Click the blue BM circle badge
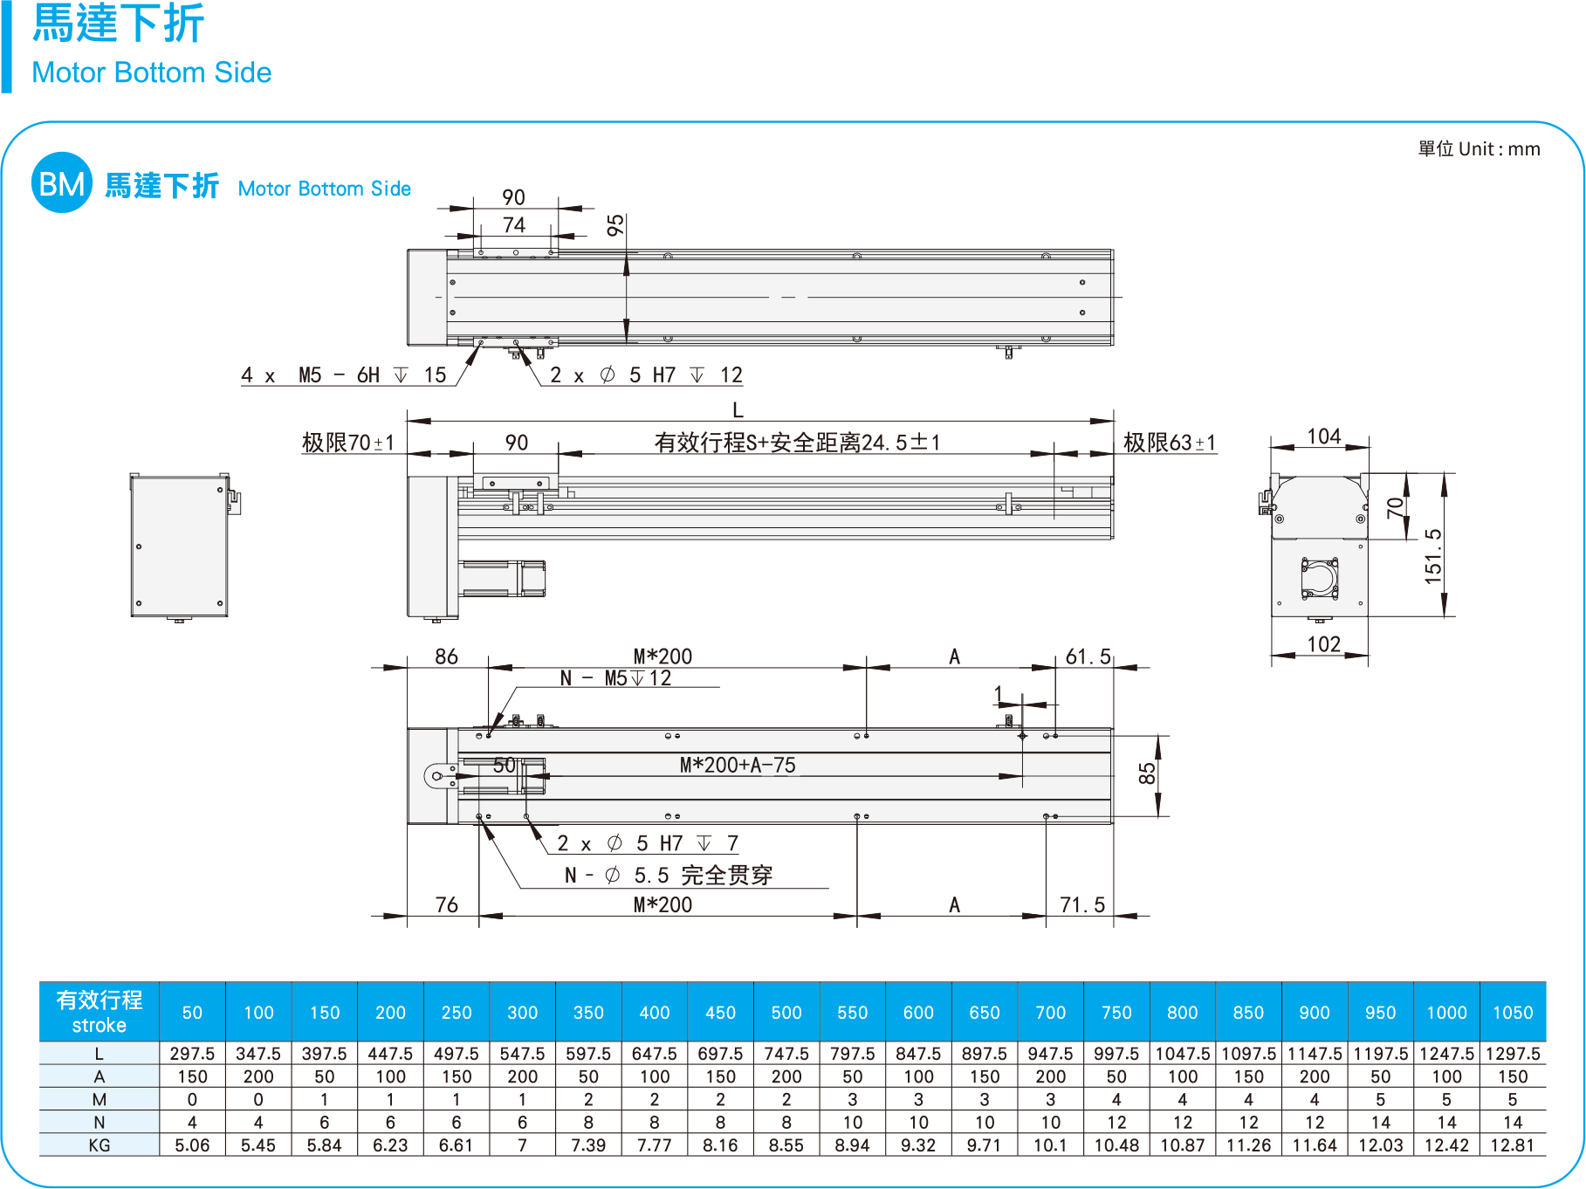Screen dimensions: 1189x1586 (61, 183)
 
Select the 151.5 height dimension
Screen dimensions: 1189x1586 (1432, 555)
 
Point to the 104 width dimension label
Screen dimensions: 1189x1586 (1323, 436)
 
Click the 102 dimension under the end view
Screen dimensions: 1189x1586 (1323, 644)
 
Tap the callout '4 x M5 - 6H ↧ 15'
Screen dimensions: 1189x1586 (343, 375)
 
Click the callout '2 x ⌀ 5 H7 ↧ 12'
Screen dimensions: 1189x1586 (646, 375)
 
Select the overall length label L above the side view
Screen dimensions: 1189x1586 (738, 410)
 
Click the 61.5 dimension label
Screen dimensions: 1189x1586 (1088, 656)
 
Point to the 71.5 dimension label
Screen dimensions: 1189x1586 (1082, 905)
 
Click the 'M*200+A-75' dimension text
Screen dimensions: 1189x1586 (738, 766)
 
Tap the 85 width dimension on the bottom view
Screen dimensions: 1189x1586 (1146, 773)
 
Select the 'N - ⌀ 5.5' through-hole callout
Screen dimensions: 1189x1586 (669, 875)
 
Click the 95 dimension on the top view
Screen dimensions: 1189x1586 (615, 225)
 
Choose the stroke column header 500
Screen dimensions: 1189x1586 (786, 1013)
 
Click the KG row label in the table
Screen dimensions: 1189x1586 (99, 1145)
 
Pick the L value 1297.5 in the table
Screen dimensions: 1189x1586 (1513, 1054)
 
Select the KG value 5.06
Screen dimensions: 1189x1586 (192, 1145)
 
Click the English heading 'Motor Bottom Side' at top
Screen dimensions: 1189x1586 (151, 72)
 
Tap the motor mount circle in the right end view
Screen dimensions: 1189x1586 (1319, 579)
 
